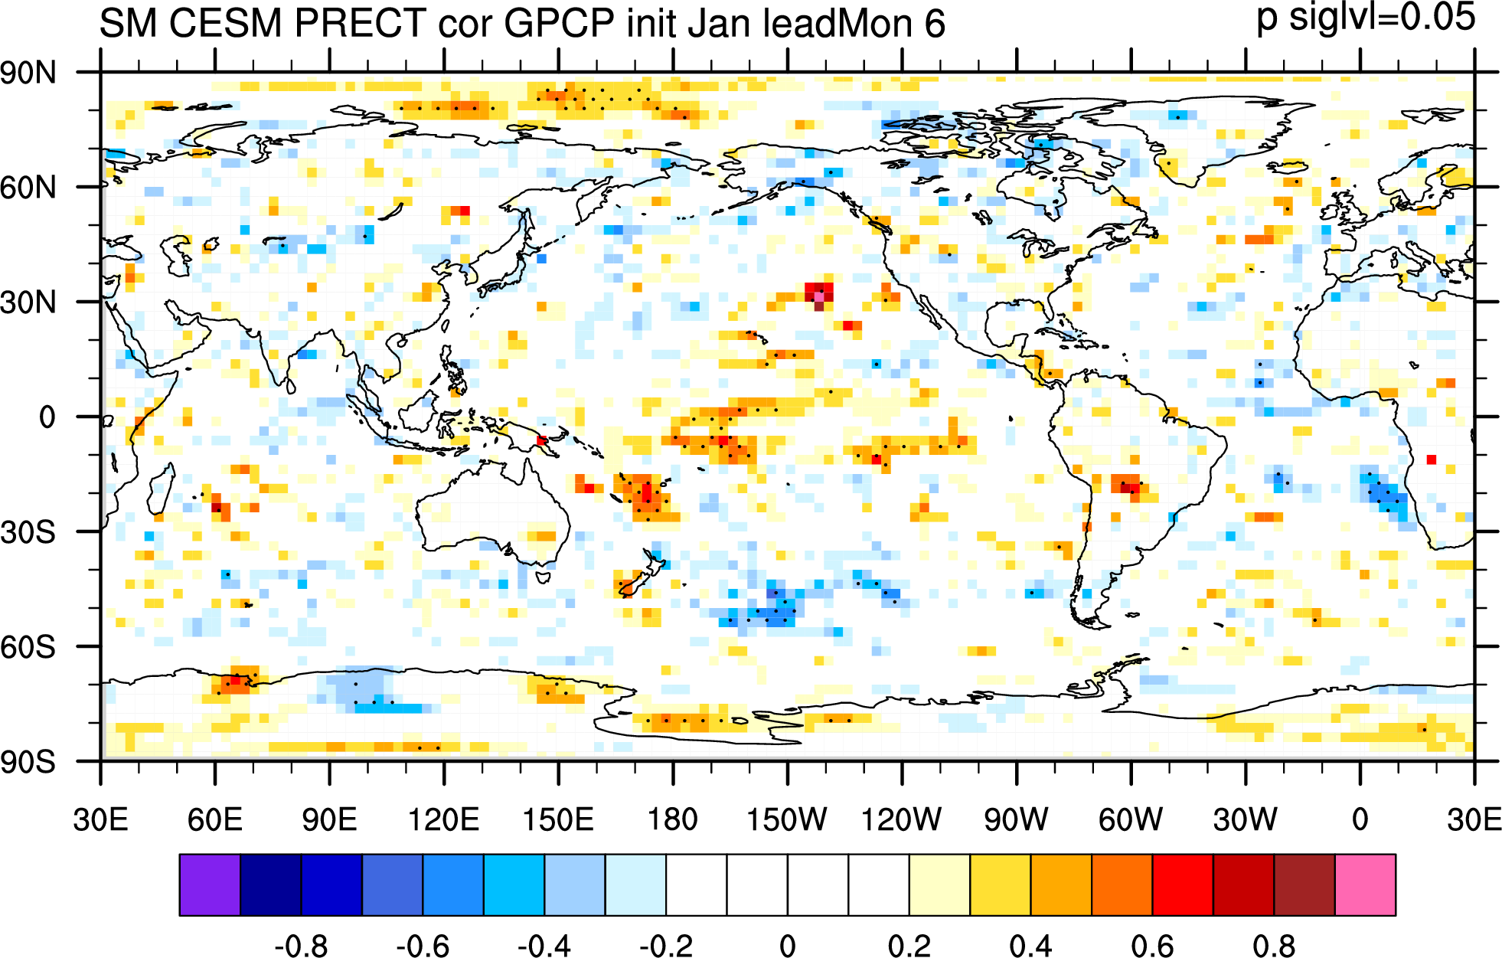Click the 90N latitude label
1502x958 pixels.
coord(28,74)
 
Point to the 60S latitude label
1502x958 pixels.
coord(28,648)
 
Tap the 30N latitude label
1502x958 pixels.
coord(28,303)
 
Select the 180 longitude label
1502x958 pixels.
coord(673,819)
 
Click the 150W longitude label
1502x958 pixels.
coord(787,819)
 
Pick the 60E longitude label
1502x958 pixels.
coord(215,819)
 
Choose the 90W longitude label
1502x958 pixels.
coord(1016,819)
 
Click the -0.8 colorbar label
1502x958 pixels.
coord(301,946)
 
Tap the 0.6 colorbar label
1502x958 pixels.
coord(1152,946)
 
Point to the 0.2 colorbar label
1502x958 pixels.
coord(909,946)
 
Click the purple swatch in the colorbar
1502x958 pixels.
coord(210,884)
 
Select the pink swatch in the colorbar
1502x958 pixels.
coord(1365,884)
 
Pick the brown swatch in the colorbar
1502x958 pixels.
coord(1304,884)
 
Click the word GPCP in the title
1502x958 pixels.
coord(560,23)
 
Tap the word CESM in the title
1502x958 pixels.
coord(226,23)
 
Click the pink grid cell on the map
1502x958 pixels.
coord(819,296)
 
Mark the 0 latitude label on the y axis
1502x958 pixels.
coord(47,418)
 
